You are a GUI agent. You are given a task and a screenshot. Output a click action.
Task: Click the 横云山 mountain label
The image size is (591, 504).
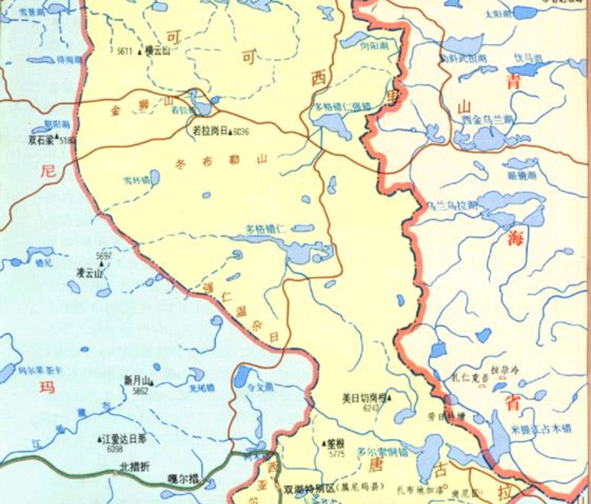click(x=159, y=50)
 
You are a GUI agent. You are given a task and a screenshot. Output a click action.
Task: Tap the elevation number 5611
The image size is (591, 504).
click(x=125, y=51)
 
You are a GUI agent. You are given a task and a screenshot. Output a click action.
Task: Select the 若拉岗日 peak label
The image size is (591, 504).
click(x=210, y=131)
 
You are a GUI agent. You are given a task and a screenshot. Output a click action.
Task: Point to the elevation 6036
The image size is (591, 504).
click(x=241, y=132)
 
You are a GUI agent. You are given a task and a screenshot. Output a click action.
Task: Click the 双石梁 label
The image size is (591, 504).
click(x=42, y=139)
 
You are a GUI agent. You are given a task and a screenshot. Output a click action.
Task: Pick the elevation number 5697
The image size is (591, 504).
click(x=103, y=256)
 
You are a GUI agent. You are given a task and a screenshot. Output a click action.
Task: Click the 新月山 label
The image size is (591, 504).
click(x=136, y=380)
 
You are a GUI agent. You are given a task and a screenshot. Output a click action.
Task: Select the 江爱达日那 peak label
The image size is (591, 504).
click(x=125, y=438)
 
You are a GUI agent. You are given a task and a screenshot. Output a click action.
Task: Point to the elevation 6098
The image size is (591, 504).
click(x=115, y=449)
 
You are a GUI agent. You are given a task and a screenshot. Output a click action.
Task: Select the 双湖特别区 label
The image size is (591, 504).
click(x=309, y=486)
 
